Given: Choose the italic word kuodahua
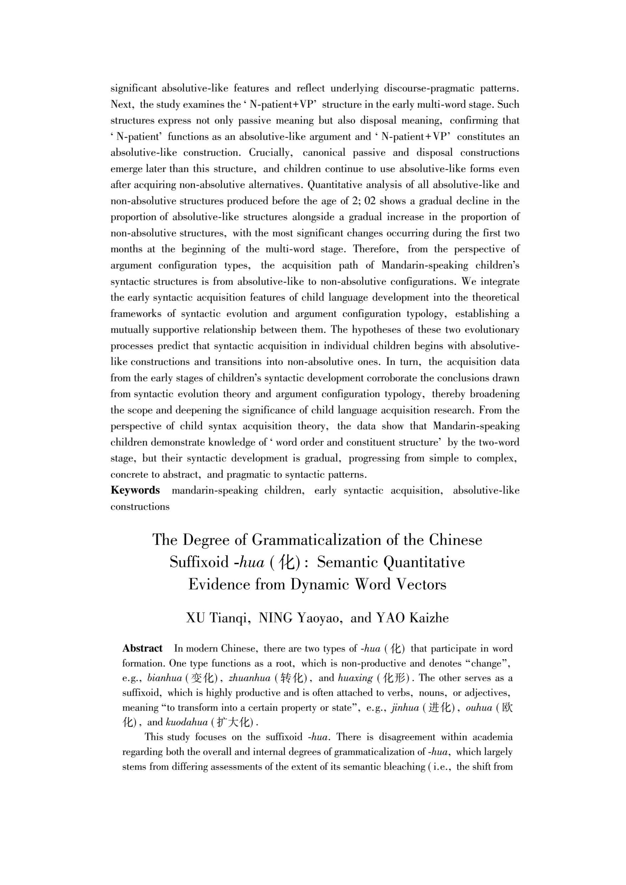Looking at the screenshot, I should pyautogui.click(x=187, y=722).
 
